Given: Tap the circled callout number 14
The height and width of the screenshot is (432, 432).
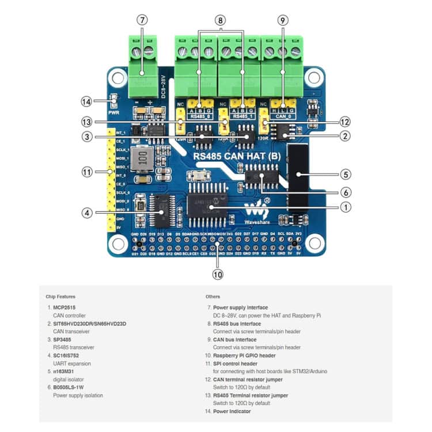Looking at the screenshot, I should pos(87,101).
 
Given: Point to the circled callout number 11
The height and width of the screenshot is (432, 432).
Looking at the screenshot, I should pos(87,172).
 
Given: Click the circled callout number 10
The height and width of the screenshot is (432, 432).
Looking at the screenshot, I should pos(217,274).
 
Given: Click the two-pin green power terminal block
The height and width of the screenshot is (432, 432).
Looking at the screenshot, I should pos(142,66).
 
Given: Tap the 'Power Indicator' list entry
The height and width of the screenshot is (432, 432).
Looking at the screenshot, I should pos(232,412).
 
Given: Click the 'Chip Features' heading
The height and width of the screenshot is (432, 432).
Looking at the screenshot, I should pos(60,297).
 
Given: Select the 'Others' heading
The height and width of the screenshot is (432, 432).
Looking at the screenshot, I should pos(213,297).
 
